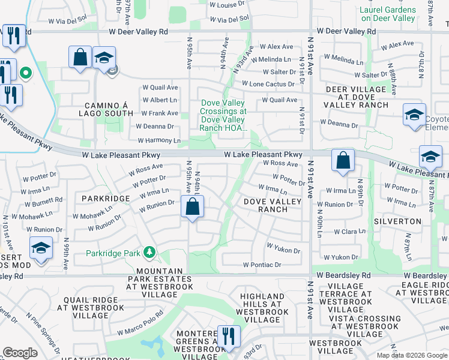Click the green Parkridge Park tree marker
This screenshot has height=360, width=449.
[149, 253]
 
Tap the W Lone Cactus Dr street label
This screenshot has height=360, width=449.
[269, 84]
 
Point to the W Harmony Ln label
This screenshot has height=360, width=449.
[159, 140]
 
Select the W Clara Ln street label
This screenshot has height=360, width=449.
[349, 231]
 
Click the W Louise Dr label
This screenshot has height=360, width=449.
[228, 5]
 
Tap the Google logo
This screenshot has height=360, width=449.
[20, 353]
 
